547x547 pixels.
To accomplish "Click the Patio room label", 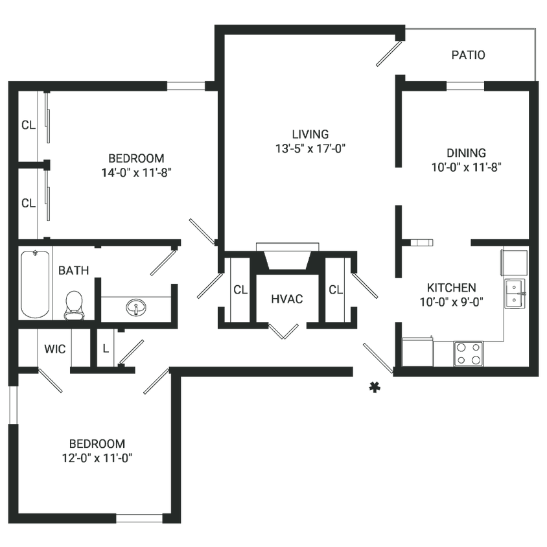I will [x=468, y=56].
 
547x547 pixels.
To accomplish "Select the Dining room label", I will [x=467, y=153].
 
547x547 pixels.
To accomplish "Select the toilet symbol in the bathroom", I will [x=75, y=303].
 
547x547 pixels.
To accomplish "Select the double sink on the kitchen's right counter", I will [x=515, y=292].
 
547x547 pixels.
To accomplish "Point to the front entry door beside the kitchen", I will [x=375, y=356].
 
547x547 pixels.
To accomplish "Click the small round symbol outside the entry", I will [x=373, y=388].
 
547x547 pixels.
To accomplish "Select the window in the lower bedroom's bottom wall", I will [x=139, y=517].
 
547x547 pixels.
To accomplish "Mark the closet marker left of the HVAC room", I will [x=239, y=289].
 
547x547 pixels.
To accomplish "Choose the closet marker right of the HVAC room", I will [x=334, y=289].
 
